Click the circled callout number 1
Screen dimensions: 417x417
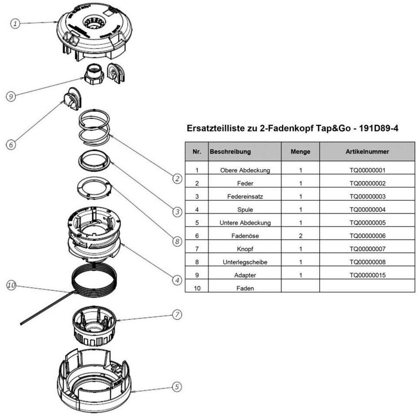tap(15, 23)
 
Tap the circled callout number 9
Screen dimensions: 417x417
tap(11, 96)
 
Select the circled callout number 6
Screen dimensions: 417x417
tap(11, 145)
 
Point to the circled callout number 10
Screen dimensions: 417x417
tap(11, 285)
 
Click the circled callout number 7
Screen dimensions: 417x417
tap(177, 314)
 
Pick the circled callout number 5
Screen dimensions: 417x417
tap(177, 387)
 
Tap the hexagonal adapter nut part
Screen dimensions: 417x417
tap(94, 74)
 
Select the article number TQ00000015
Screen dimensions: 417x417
tap(367, 275)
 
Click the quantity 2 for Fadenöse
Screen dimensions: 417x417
tap(301, 236)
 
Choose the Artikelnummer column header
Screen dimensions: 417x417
tap(367, 152)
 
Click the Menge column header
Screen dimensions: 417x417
tap(300, 152)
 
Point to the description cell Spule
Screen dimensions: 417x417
tap(245, 210)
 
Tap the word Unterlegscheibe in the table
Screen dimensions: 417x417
tap(245, 262)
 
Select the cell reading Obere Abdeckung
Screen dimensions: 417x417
tap(245, 170)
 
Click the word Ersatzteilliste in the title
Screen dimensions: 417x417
tap(216, 128)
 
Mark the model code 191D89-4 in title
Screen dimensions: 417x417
tap(378, 128)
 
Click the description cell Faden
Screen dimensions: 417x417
tap(245, 288)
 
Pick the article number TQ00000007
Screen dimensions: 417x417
tap(367, 249)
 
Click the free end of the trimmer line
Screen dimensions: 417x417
tap(21, 324)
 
